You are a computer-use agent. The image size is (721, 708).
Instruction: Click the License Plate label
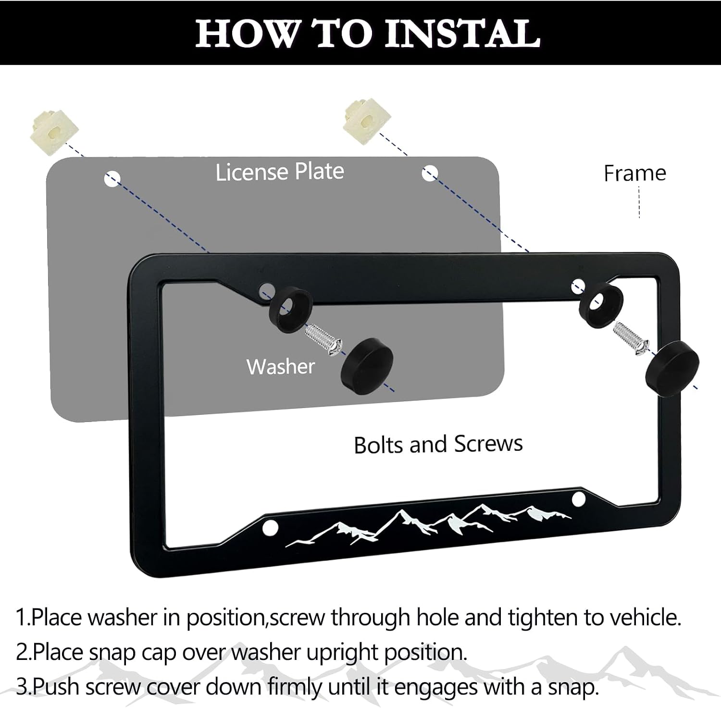click(280, 172)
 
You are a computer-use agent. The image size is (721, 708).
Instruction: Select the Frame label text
click(634, 173)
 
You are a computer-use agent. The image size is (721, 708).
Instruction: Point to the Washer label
click(281, 367)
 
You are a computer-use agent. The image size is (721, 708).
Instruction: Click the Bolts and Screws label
click(438, 444)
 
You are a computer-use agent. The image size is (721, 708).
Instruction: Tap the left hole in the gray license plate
click(112, 179)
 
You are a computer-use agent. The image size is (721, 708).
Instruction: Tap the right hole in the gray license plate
click(429, 173)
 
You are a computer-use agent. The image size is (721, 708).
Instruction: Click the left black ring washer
click(290, 306)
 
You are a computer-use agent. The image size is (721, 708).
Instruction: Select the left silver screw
click(324, 340)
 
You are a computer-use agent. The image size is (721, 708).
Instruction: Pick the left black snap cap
click(367, 365)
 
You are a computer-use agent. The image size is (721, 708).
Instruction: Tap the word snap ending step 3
click(573, 688)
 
